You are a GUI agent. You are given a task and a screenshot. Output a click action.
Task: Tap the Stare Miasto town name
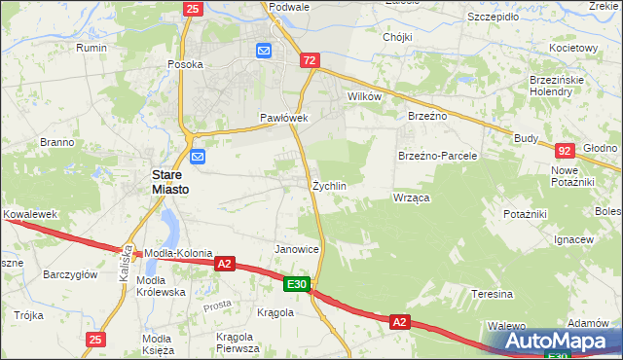(168, 182)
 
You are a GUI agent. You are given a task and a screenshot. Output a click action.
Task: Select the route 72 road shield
(310, 60)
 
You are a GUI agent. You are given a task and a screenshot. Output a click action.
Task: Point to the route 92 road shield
(565, 151)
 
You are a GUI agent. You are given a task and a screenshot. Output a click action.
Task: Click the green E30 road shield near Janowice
(298, 284)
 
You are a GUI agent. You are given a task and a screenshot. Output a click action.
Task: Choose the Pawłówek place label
(283, 118)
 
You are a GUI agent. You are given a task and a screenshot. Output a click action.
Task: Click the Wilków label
(364, 97)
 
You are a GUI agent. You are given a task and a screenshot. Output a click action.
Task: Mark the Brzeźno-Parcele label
(437, 156)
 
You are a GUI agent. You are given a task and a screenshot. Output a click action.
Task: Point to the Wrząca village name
(412, 198)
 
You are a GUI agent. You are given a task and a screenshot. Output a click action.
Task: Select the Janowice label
(298, 249)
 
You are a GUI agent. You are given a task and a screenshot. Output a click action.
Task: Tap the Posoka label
(185, 64)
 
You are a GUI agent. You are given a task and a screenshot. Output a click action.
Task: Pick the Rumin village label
(92, 48)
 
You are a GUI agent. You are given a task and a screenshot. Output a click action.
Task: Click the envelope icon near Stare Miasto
(199, 156)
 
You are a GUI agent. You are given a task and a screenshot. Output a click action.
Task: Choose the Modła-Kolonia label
(179, 253)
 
